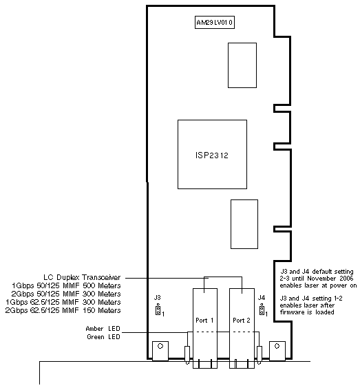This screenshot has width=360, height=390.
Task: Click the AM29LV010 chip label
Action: tap(215, 23)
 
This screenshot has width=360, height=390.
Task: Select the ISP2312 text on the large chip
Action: tap(212, 155)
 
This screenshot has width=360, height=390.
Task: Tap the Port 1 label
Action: tap(204, 321)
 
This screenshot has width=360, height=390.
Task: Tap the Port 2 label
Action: tap(242, 321)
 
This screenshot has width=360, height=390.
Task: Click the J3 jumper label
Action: tap(158, 297)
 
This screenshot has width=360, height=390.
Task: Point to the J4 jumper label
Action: tap(262, 297)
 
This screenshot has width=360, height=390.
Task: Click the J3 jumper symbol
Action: tap(158, 310)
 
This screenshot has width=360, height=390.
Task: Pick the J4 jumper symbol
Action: tap(262, 310)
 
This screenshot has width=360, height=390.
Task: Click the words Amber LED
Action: tap(103, 329)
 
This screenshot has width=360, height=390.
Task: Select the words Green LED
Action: tap(103, 337)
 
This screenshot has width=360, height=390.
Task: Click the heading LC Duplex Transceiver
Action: tap(82, 277)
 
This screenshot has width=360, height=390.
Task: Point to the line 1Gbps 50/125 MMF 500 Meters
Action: tap(66, 285)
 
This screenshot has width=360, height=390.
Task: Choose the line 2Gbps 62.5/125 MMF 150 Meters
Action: tap(63, 310)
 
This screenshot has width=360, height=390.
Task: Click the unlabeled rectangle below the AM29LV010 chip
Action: tap(242, 65)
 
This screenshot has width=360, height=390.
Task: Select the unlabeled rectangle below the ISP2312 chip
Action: tap(244, 224)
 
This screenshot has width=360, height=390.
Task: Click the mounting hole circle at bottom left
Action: tap(160, 346)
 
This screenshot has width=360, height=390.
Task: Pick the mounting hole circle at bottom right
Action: tap(277, 346)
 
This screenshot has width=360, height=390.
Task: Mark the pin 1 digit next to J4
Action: tap(266, 314)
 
